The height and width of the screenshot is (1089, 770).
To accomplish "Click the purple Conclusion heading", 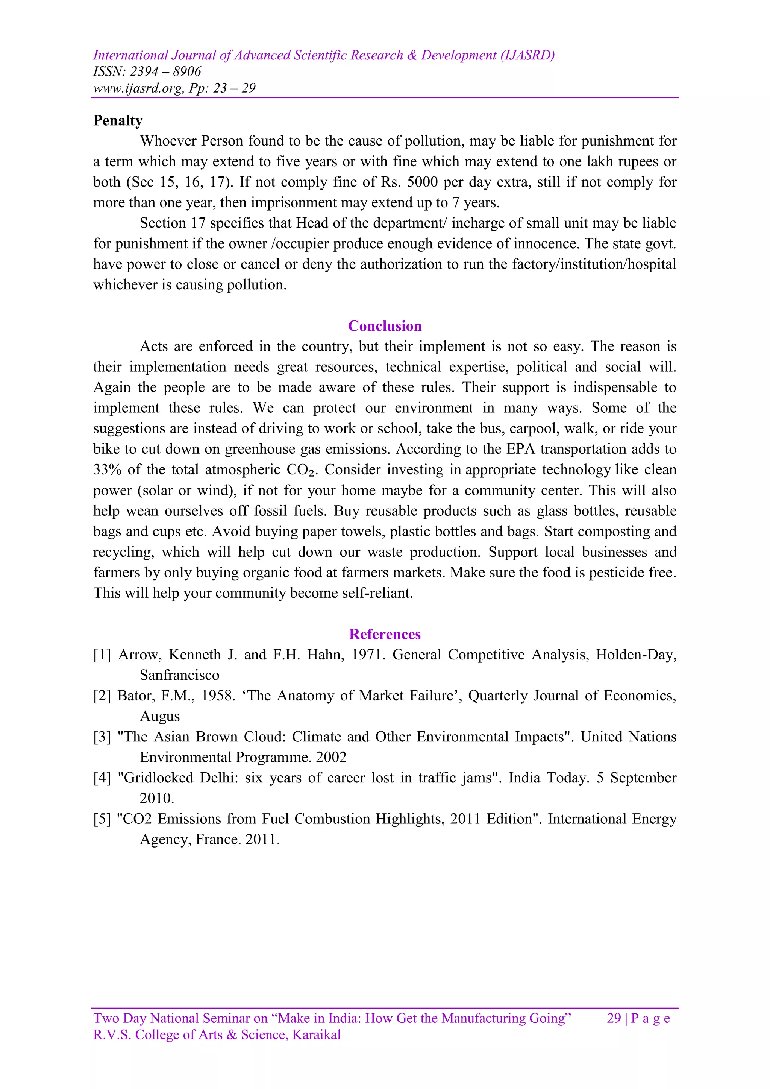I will [385, 326].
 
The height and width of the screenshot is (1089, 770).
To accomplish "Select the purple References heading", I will [385, 634].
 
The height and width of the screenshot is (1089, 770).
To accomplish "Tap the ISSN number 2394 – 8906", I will [165, 71].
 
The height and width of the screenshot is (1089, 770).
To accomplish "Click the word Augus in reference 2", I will [160, 716].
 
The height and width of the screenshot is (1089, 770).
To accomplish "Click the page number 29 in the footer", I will [614, 1018].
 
